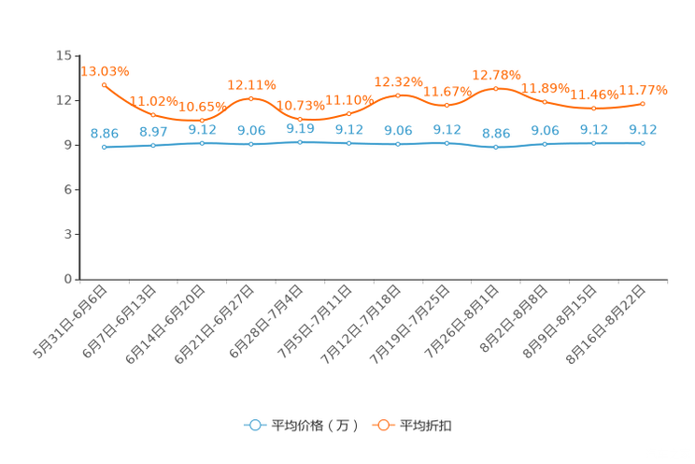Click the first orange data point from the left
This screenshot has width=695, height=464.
[x=104, y=84]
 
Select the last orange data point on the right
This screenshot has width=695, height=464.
[x=643, y=103]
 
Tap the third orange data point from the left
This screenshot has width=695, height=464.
[x=202, y=121]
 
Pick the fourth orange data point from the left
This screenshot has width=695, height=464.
[x=250, y=98]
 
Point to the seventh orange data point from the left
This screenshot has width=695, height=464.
[x=398, y=94]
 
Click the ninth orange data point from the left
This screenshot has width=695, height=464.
[x=496, y=88]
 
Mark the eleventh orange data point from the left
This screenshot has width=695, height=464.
[x=594, y=108]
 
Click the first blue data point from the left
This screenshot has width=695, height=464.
[x=104, y=147]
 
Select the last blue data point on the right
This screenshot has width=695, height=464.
[x=643, y=143]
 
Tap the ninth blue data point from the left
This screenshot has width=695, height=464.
[x=496, y=147]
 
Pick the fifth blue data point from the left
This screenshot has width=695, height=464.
[x=300, y=142]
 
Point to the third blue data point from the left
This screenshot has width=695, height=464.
[x=202, y=143]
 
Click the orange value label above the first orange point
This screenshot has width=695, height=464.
[x=105, y=70]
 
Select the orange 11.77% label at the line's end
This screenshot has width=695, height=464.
[x=644, y=90]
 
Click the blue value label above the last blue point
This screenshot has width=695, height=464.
[x=644, y=130]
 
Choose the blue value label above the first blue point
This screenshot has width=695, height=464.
[x=104, y=134]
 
